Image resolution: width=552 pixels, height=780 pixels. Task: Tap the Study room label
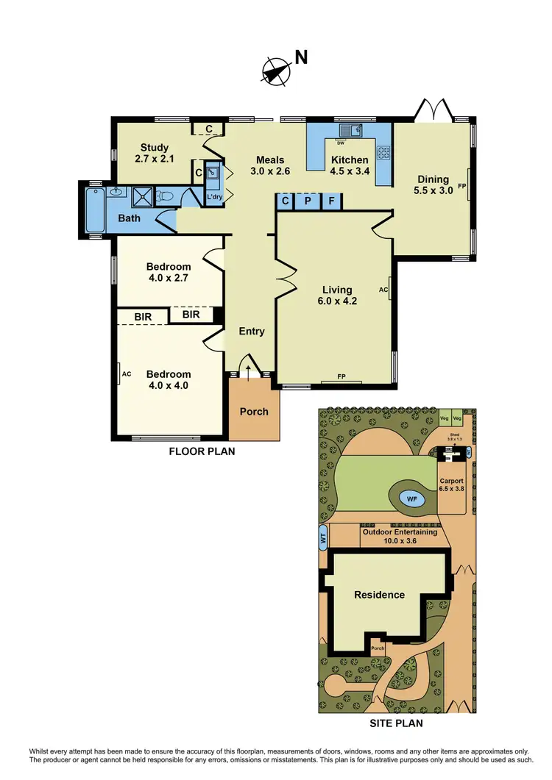pyautogui.click(x=152, y=152)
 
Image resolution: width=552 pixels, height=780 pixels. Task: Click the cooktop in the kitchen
pyautogui.click(x=383, y=153)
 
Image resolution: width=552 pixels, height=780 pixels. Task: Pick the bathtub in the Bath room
pyautogui.click(x=93, y=210)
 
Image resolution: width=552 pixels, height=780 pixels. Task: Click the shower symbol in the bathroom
pyautogui.click(x=141, y=196)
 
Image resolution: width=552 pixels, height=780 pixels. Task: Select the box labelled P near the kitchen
pyautogui.click(x=308, y=200)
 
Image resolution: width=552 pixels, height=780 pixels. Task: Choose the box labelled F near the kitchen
pyautogui.click(x=331, y=200)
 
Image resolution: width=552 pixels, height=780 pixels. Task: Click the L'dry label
pyautogui.click(x=214, y=197)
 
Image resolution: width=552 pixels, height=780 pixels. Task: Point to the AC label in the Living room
pyautogui.click(x=383, y=290)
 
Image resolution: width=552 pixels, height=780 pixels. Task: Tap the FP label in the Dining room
pyautogui.click(x=462, y=186)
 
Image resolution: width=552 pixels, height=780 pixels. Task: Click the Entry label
pyautogui.click(x=252, y=332)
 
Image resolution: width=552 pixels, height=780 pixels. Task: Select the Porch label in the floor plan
pyautogui.click(x=254, y=412)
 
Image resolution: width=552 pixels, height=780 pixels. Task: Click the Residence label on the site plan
pyautogui.click(x=380, y=595)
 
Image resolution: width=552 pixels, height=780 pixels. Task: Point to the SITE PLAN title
pyautogui.click(x=397, y=723)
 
